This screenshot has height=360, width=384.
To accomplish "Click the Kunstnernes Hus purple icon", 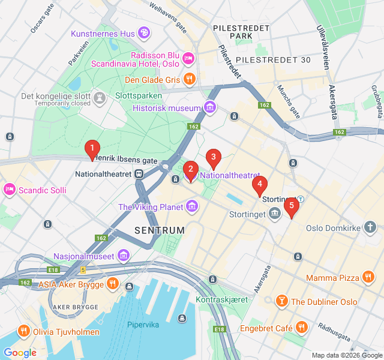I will point(144,33).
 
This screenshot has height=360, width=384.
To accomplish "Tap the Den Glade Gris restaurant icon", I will point(190,79).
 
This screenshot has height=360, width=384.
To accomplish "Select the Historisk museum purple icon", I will point(210,108).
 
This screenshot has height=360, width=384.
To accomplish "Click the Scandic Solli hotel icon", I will point(10,190).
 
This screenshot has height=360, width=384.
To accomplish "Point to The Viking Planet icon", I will point(192,208).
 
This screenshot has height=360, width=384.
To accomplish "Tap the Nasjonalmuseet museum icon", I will point(124,256).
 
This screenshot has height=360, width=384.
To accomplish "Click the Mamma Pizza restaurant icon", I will point(368,278).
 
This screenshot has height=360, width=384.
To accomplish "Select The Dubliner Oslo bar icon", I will point(281,301).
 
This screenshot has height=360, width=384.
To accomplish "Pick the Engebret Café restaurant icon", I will point(301,328).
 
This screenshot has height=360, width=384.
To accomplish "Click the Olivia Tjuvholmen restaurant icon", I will point(24,331).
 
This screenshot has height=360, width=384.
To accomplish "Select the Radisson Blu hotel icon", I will point(188,58).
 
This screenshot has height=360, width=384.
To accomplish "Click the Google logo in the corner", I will point(20,353).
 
